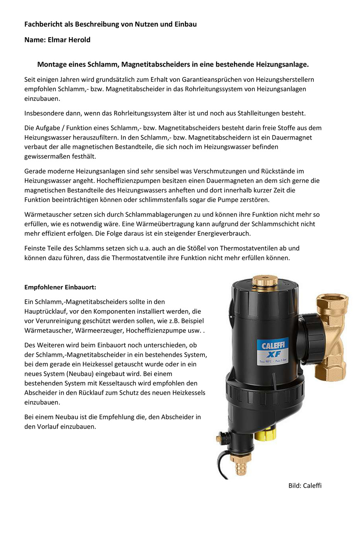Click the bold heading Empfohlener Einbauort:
pyautogui.click(x=60, y=287)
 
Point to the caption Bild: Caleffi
pyautogui.click(x=305, y=485)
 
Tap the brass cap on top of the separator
pyautogui.click(x=265, y=281)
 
